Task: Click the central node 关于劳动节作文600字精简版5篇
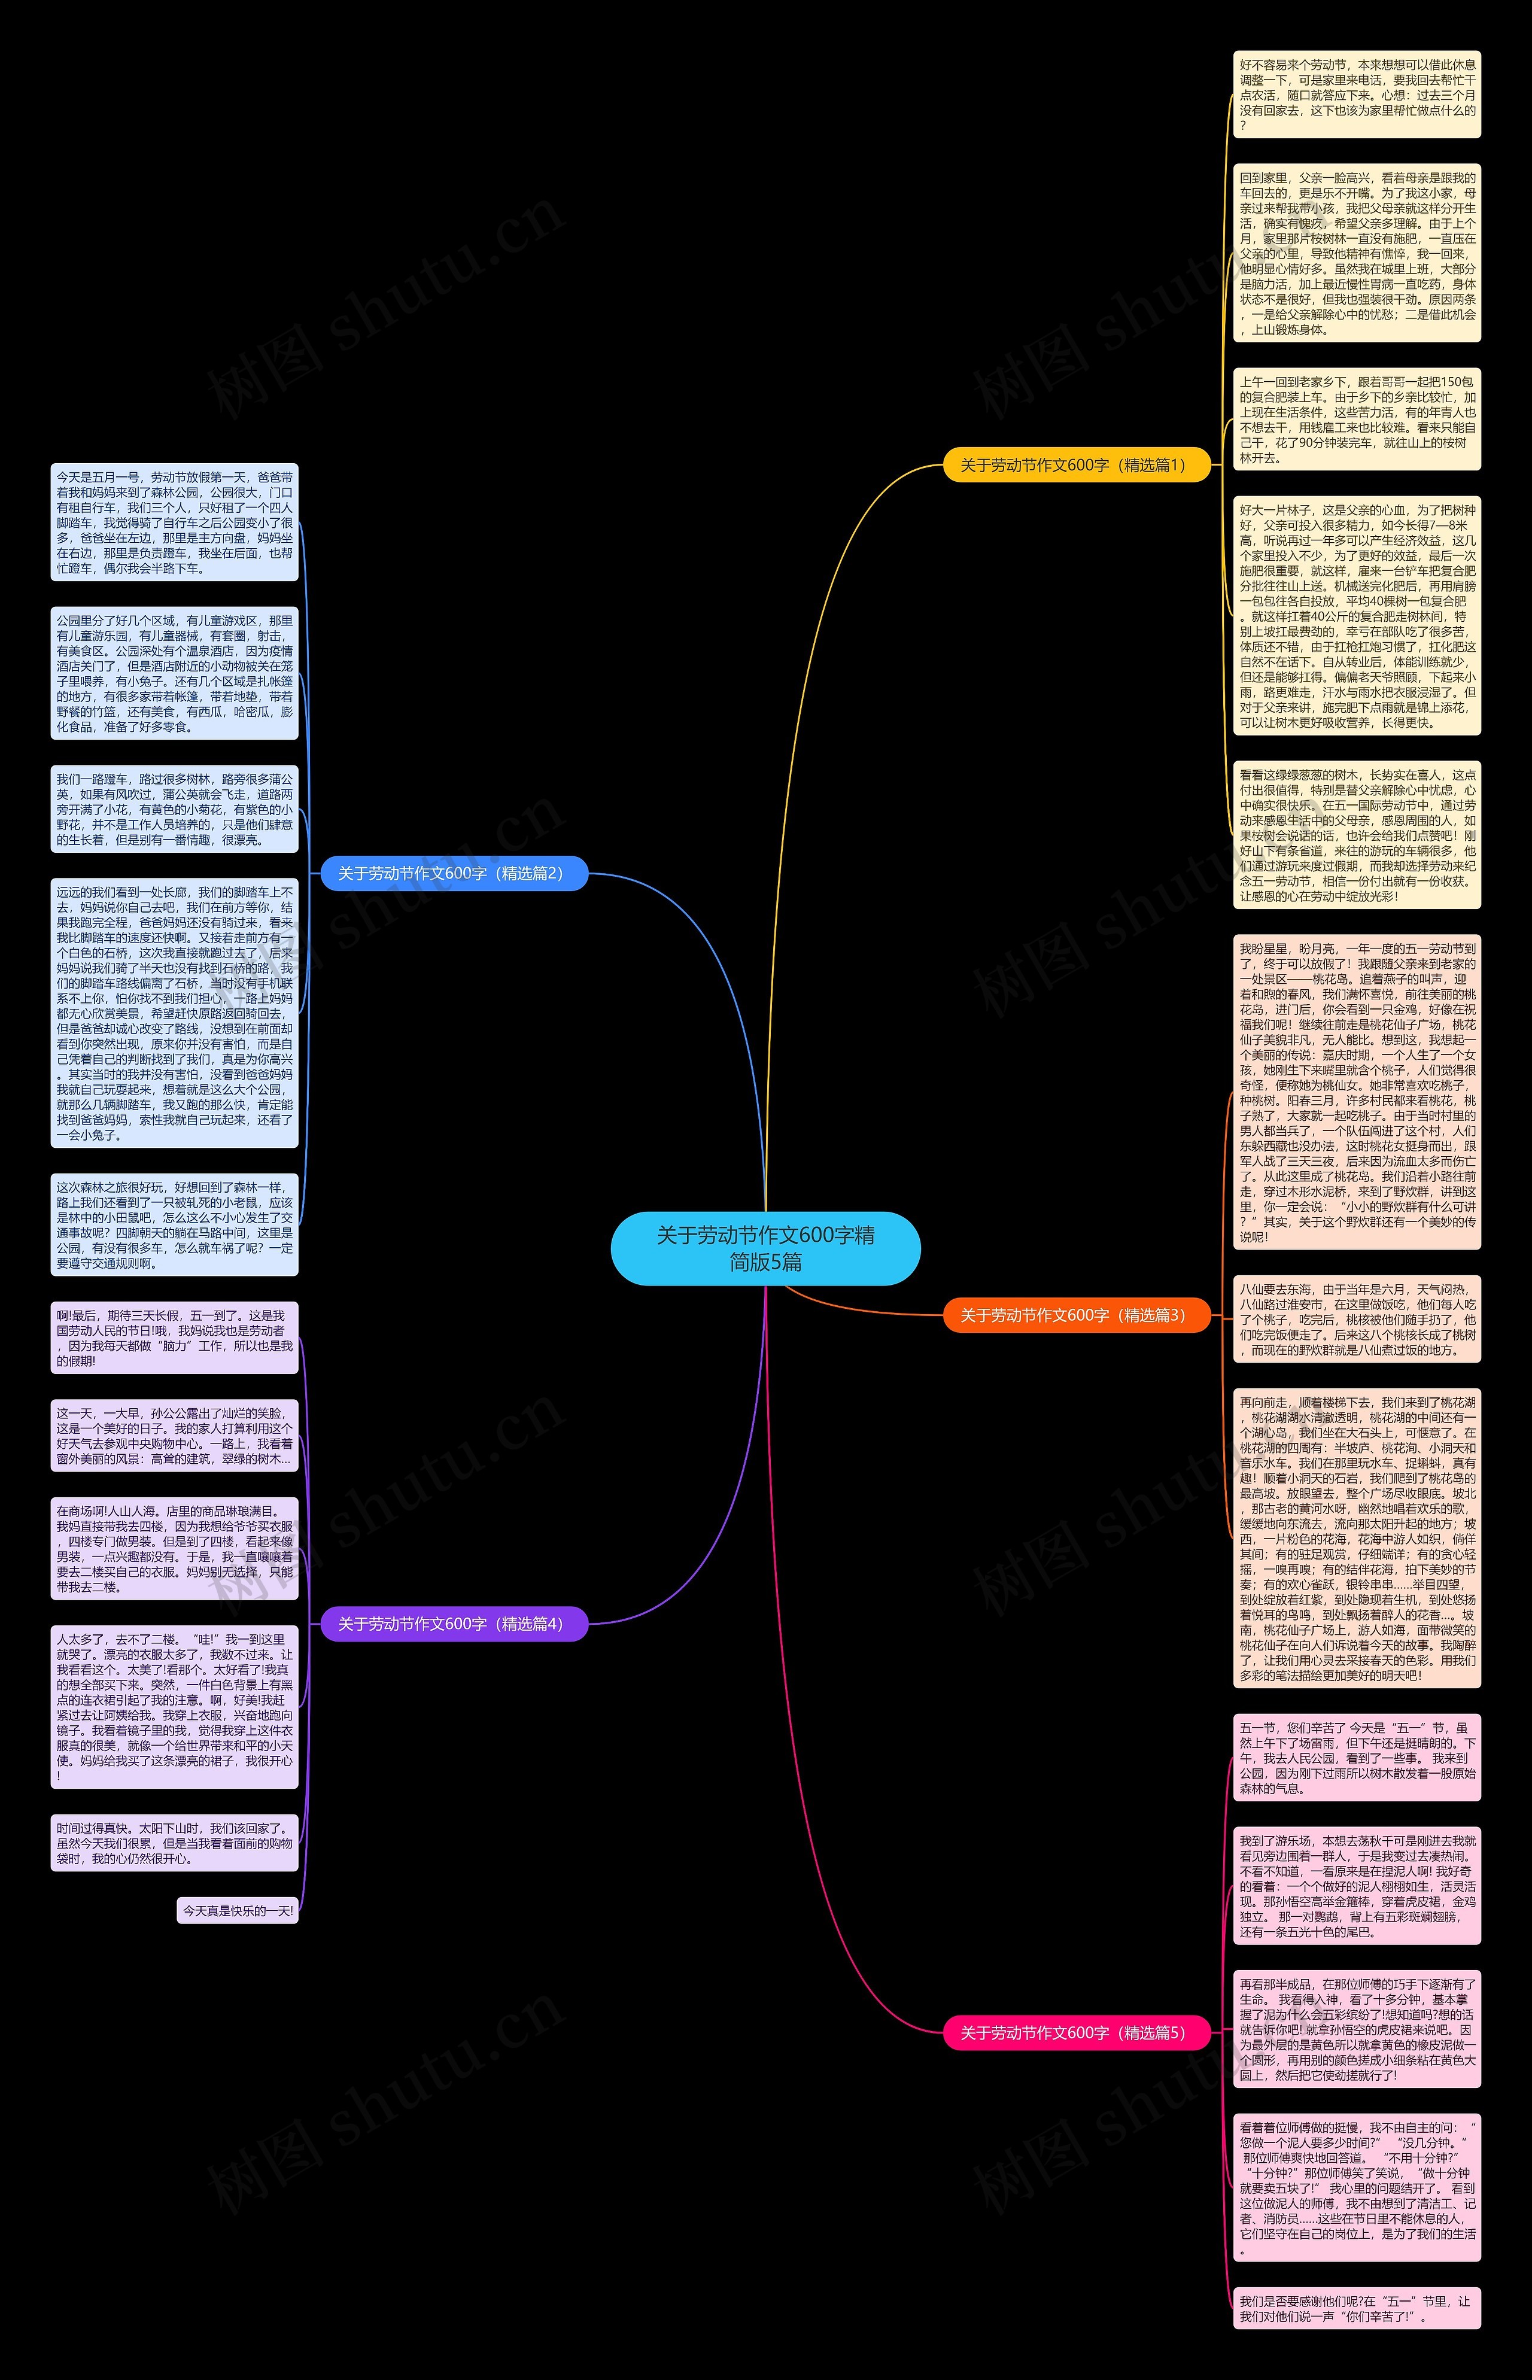pos(765,1248)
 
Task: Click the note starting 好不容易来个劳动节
pos(1357,95)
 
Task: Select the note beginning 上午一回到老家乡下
pos(1357,420)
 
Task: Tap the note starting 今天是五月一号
pos(174,523)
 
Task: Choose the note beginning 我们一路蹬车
pos(174,808)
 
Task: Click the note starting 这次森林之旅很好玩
pos(174,1225)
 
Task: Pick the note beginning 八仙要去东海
pos(1357,1319)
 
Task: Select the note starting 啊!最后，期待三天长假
pos(174,1338)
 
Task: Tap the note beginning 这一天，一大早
pos(174,1435)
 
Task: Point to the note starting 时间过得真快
pos(174,1843)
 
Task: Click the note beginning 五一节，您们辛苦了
pos(1357,1758)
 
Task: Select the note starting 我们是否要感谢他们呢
pos(1357,2308)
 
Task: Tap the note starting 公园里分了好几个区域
pos(174,673)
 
